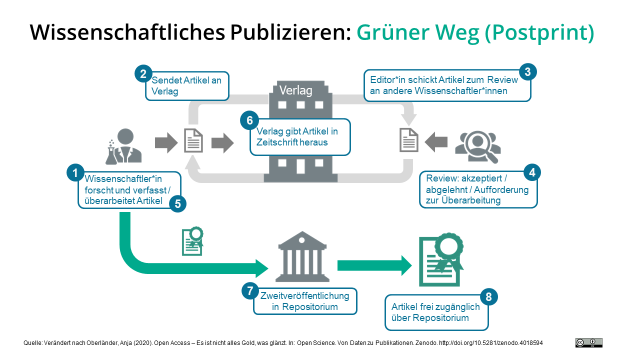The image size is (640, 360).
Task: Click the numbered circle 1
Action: [x=75, y=173]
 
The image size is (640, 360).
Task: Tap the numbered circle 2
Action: [x=143, y=74]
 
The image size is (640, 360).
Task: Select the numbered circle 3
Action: [x=527, y=72]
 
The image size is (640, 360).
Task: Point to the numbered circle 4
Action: [x=532, y=173]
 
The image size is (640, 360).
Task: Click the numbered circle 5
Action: [x=177, y=203]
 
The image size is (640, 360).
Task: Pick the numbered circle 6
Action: [x=249, y=120]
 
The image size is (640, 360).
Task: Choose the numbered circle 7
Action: [x=250, y=291]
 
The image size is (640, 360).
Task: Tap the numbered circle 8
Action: [x=488, y=297]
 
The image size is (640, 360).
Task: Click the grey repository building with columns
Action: [x=302, y=255]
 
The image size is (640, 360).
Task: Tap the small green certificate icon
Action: [x=192, y=241]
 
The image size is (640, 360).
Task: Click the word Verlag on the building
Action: [x=295, y=90]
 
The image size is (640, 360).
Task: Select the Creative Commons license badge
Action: [x=588, y=342]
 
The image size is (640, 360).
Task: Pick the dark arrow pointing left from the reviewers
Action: [x=436, y=142]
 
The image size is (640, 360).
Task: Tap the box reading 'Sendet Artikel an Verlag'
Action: [x=187, y=86]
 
